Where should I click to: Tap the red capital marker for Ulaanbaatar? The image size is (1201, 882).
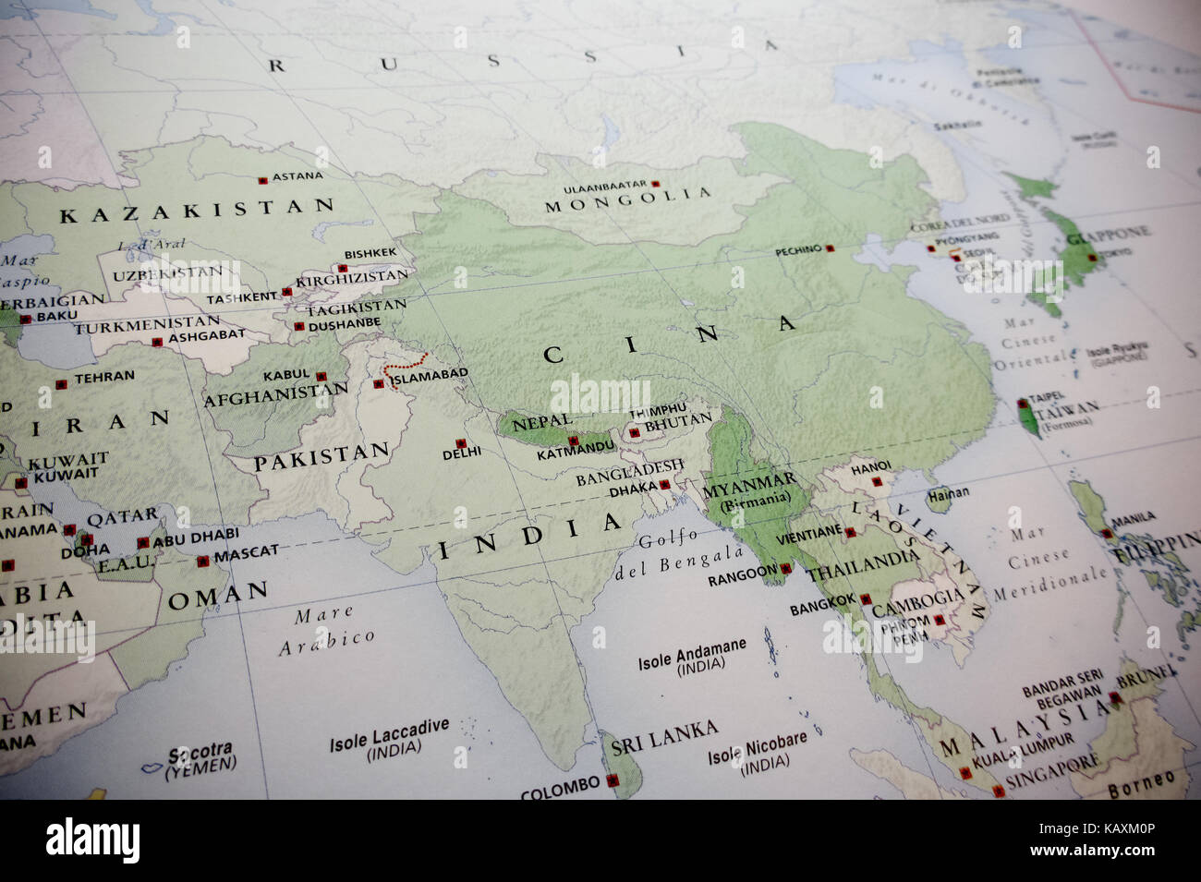click(x=656, y=185)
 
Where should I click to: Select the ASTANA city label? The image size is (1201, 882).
click(x=297, y=175)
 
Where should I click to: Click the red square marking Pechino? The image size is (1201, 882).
click(x=830, y=248)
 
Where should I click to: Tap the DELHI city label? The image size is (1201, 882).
click(x=462, y=453)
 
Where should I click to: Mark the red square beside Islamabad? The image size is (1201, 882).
click(x=379, y=384)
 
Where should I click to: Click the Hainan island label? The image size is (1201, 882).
click(x=949, y=493)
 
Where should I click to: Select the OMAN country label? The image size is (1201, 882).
click(x=218, y=594)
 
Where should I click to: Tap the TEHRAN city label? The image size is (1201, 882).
click(x=103, y=377)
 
